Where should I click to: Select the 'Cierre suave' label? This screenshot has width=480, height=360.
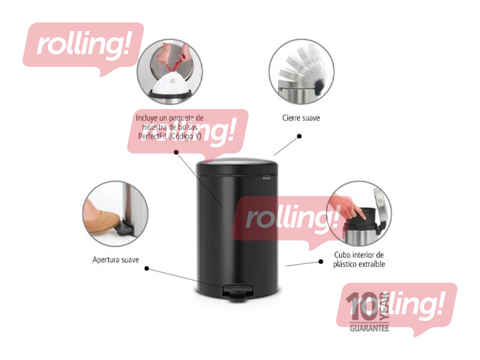coord(301,118)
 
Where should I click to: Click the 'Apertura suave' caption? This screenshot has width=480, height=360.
coord(115,259)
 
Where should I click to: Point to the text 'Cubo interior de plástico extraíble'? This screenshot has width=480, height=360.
coord(359,259)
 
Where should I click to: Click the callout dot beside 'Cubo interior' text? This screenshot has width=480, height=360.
coord(321,261)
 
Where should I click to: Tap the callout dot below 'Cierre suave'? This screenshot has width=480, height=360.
coord(299,136)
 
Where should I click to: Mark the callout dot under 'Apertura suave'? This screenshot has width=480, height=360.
coord(147,268)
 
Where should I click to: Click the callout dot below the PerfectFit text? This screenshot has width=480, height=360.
coord(176,152)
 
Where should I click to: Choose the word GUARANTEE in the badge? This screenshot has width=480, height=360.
coord(369,328)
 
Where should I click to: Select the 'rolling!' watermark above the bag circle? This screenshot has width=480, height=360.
coord(83,45)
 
